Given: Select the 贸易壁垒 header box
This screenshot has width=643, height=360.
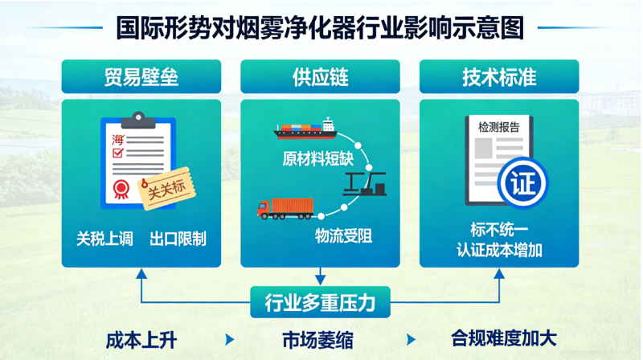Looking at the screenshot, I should point(141,78).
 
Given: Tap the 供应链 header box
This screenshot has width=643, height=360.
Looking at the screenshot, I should point(320,78).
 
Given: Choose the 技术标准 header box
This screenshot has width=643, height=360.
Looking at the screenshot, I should point(499,78).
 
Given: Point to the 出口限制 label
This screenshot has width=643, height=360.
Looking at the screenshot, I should point(178,239).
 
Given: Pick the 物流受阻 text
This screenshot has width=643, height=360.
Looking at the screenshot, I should point(343,236).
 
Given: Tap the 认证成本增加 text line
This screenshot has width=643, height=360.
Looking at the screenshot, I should point(499,250).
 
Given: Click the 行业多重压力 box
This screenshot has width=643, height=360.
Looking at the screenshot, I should point(320,303).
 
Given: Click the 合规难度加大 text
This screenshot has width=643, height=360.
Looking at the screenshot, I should point(503,338).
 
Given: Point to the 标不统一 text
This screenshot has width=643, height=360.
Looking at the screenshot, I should point(498,227).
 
